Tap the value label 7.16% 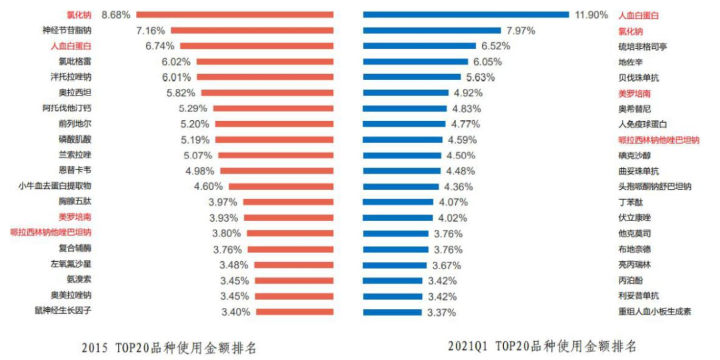click(150, 30)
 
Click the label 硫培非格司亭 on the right click(643, 46)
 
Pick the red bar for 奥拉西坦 click(267, 93)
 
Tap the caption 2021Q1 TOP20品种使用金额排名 click(541, 346)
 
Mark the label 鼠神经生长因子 click(63, 311)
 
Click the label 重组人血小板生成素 click(655, 311)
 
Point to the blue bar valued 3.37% click(392, 312)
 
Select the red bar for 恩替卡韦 click(276, 170)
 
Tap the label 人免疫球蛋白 click(643, 124)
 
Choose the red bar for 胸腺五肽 click(288, 202)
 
